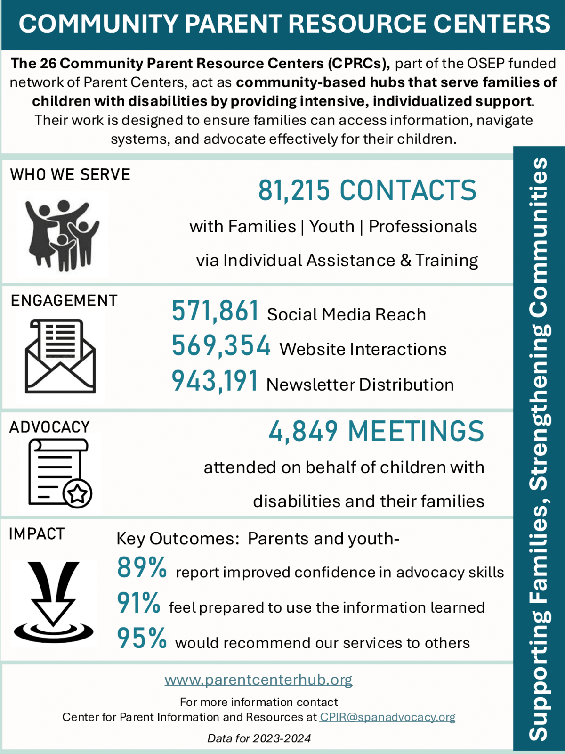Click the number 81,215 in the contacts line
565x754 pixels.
pyautogui.click(x=294, y=190)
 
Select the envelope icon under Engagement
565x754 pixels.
pyautogui.click(x=60, y=356)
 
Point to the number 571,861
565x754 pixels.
pyautogui.click(x=215, y=311)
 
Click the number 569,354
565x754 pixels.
pyautogui.click(x=221, y=345)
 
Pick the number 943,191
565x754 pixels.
pyautogui.click(x=215, y=381)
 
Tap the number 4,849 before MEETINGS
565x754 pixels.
pyautogui.click(x=303, y=431)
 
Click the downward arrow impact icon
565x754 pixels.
pyautogui.click(x=53, y=602)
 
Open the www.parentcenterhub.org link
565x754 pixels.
pyautogui.click(x=258, y=680)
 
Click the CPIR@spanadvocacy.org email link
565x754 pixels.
pyautogui.click(x=387, y=717)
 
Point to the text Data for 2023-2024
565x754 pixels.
pyautogui.click(x=259, y=738)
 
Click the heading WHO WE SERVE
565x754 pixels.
pyautogui.click(x=70, y=174)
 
